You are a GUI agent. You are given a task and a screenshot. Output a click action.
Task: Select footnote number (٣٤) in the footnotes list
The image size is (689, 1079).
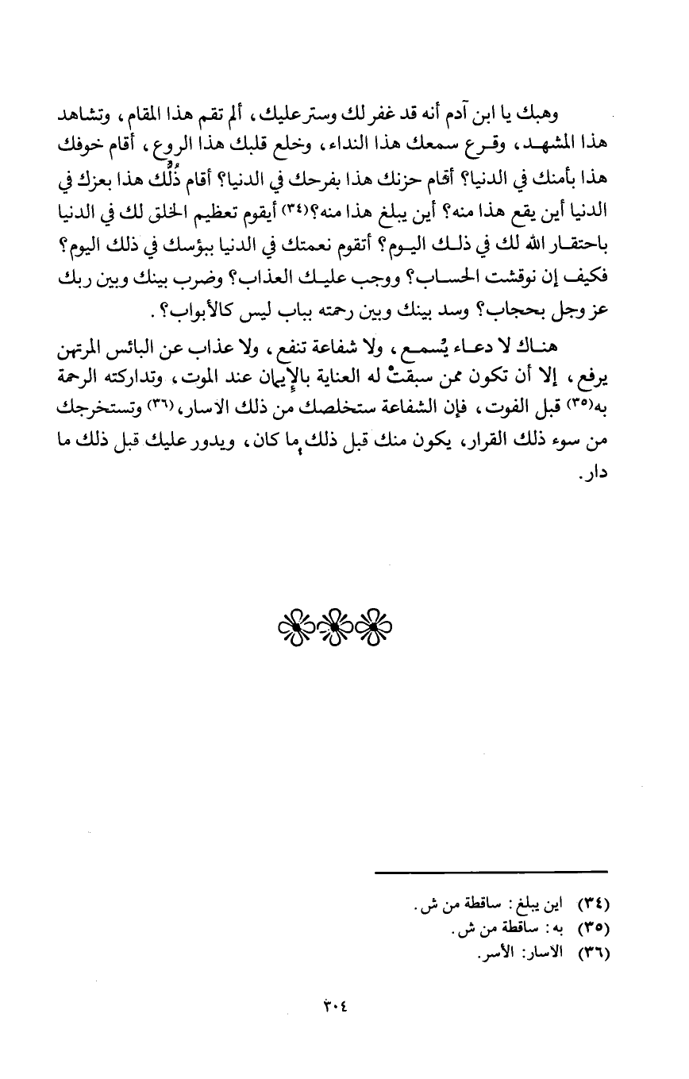[x=593, y=904]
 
